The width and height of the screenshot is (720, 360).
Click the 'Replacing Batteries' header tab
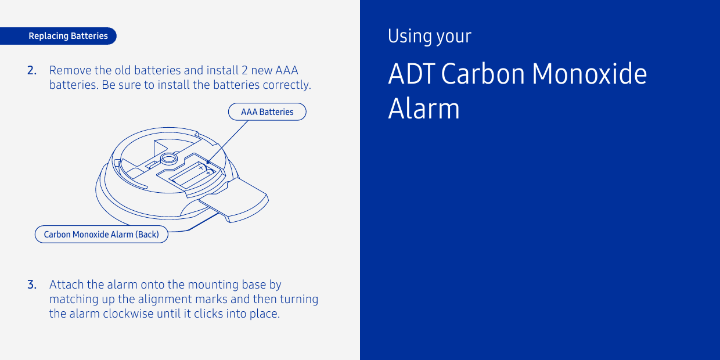pos(68,36)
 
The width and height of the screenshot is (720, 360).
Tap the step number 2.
pos(32,71)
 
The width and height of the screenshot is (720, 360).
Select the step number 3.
pos(32,285)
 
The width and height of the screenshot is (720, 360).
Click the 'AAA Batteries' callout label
pos(267,112)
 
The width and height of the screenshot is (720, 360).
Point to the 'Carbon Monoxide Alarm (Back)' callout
pos(102,235)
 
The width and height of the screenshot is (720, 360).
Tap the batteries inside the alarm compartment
pos(191,174)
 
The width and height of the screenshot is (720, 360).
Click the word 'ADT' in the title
pos(411,74)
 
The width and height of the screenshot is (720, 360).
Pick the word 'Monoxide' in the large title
pos(589,74)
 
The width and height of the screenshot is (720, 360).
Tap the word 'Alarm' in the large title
pos(423,109)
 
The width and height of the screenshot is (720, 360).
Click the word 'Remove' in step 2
pos(70,71)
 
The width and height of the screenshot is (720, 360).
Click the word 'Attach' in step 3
pos(66,285)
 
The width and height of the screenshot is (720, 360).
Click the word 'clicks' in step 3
pos(210,314)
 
